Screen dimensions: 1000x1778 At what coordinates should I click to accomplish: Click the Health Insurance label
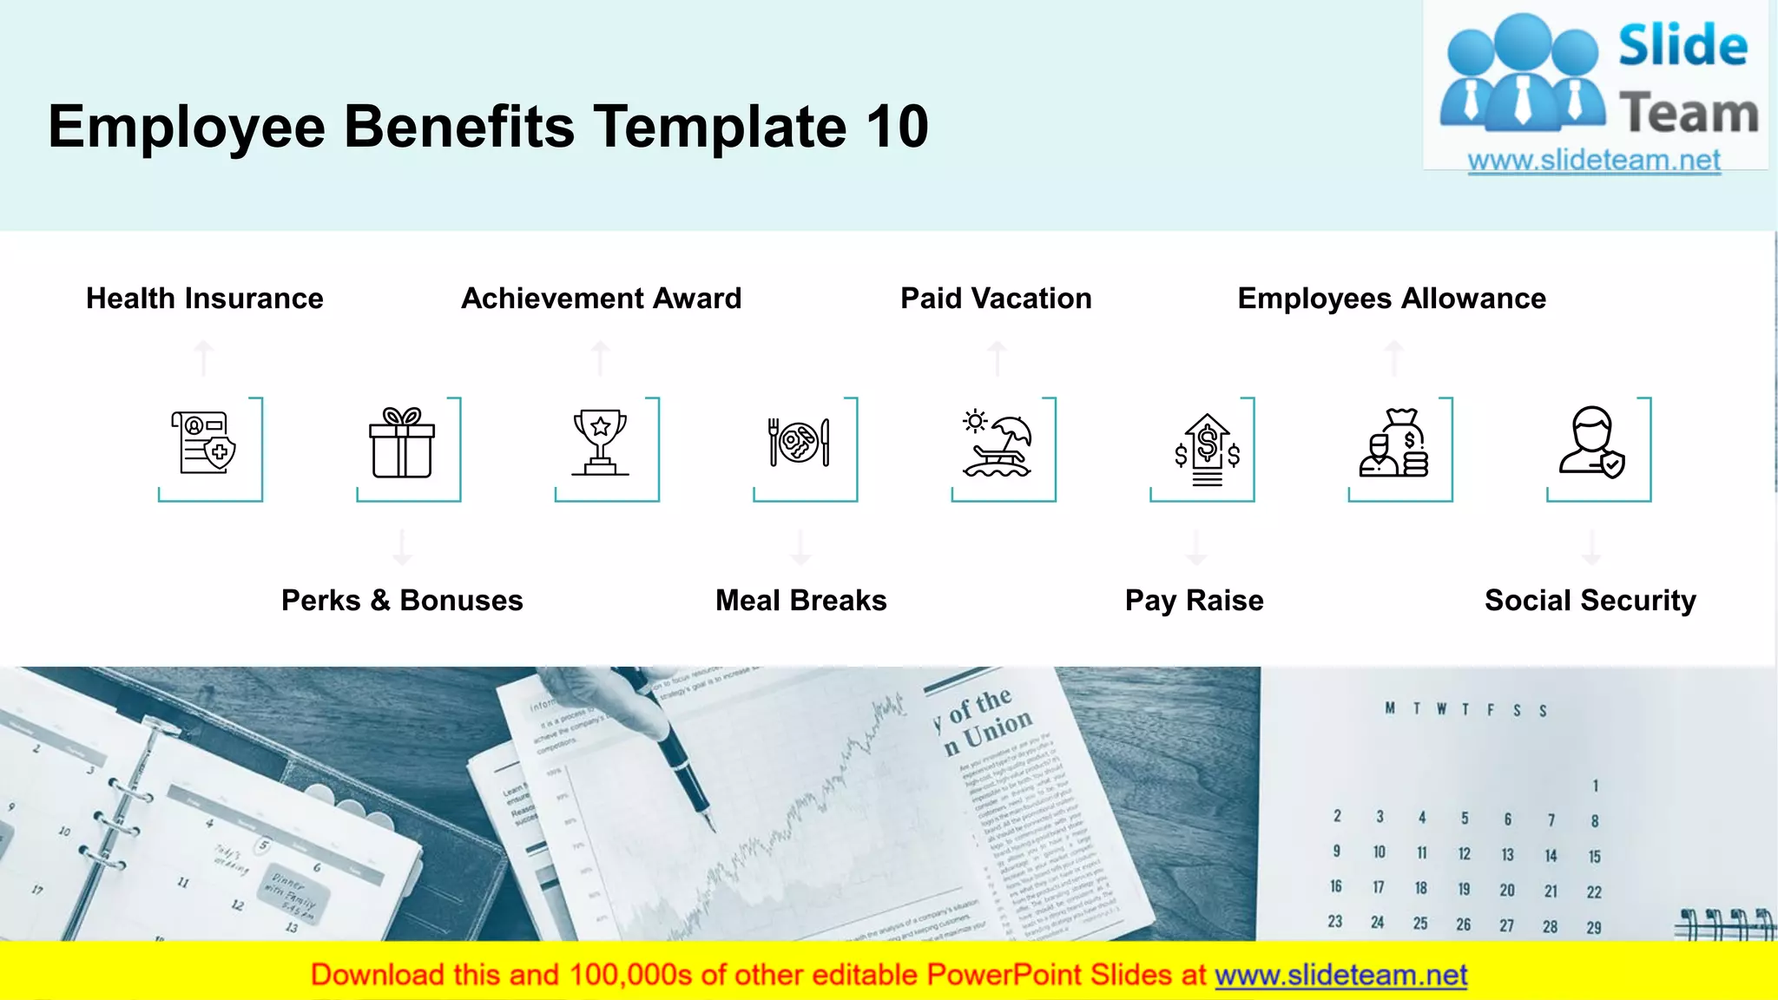[205, 299]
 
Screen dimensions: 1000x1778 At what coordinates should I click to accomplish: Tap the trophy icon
[600, 443]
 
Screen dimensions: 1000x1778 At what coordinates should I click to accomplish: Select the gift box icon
[402, 443]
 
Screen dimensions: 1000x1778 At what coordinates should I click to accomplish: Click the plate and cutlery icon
[799, 443]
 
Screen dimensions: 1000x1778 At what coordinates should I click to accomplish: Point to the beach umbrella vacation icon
[998, 444]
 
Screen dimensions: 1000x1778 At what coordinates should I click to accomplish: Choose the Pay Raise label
[1194, 601]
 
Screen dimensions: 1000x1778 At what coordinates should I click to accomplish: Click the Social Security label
[1590, 601]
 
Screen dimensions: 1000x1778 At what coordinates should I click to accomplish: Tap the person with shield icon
[1591, 443]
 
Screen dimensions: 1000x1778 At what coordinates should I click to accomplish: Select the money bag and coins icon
[1394, 443]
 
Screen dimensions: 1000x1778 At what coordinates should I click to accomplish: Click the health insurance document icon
[204, 443]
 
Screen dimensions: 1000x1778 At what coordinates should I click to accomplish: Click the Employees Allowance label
[1392, 299]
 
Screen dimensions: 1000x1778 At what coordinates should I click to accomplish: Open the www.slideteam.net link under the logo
[1594, 161]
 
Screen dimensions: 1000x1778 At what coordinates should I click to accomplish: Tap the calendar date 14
[1551, 856]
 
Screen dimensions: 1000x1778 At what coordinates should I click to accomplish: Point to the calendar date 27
[1506, 925]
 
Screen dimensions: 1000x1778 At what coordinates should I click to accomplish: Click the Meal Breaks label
[800, 601]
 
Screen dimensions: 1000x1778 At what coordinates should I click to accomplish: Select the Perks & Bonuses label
[402, 601]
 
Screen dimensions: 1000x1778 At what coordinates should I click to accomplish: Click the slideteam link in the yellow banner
[1340, 976]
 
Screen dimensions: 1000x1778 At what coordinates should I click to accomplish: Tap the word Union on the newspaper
[998, 730]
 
